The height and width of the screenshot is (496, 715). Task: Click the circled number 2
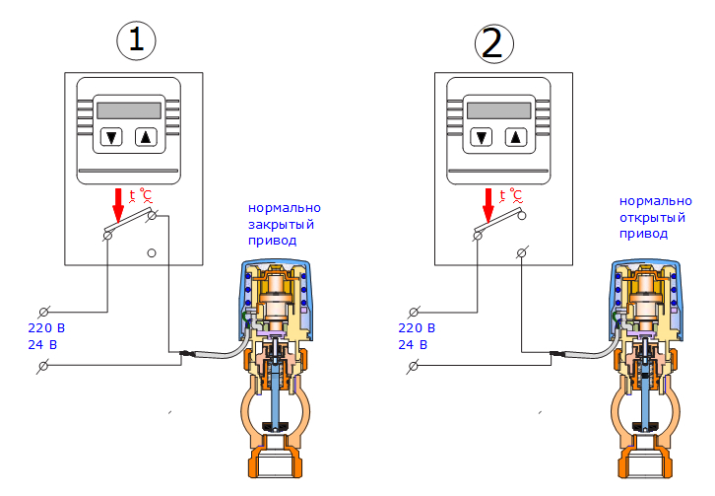coord(493,42)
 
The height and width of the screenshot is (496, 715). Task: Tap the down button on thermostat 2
coord(482,137)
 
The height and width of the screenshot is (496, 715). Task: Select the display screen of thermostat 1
coord(130,109)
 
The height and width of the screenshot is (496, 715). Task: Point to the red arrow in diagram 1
coord(119,204)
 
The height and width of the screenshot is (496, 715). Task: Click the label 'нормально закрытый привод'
coord(285,224)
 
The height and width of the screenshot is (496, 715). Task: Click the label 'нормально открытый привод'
coord(643,216)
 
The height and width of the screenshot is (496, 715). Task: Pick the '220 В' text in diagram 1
coord(47,328)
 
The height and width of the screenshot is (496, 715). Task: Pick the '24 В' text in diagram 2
coord(413,345)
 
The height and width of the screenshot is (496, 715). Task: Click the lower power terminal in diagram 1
coord(43,367)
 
